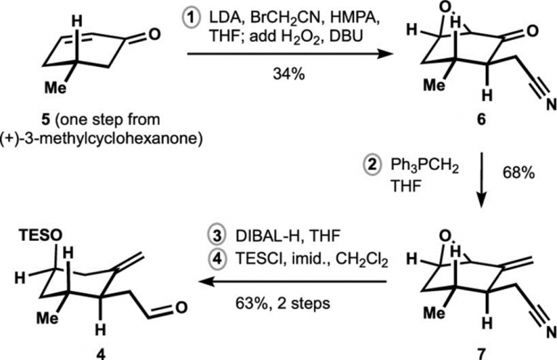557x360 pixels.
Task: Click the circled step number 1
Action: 191,17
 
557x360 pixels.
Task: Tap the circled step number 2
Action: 372,166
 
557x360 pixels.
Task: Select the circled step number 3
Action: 217,237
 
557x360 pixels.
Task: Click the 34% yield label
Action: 289,74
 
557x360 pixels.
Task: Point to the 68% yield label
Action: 519,173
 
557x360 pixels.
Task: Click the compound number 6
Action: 481,120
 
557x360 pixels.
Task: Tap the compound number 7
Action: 481,353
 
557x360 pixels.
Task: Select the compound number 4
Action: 101,354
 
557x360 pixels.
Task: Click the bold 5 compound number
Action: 46,120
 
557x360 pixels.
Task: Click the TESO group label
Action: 41,235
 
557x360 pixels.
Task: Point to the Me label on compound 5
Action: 55,87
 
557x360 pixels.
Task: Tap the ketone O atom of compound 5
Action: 154,34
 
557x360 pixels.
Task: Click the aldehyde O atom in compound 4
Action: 181,308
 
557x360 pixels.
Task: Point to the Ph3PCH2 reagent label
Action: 424,167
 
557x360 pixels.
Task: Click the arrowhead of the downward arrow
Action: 481,202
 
